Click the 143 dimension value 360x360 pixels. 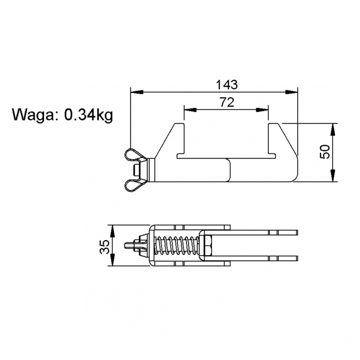point(227,84)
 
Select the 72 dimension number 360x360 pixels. point(227,102)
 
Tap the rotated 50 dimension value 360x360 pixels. point(325,152)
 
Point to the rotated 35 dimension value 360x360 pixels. point(105,246)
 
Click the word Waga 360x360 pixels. point(33,115)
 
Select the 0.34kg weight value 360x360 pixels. point(88,115)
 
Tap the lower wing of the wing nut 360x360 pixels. point(134,184)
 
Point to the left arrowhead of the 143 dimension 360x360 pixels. point(137,92)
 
